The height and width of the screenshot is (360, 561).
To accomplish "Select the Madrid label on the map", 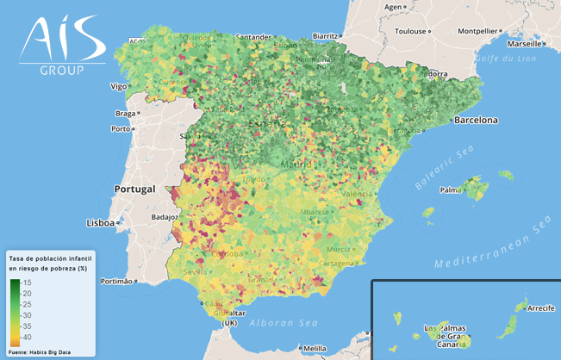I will coord(295,164).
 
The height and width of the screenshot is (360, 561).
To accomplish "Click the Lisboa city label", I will coord(101,223).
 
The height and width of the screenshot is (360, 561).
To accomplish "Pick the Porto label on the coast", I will coord(120,130).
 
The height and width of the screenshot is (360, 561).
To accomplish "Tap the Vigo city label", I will coord(119,86).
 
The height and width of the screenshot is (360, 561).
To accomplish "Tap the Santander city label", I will coord(253,37).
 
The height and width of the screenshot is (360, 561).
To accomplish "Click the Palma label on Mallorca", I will coord(448,190).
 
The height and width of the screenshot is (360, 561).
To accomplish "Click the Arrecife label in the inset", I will coord(540,307).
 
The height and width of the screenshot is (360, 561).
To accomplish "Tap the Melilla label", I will coord(315,348).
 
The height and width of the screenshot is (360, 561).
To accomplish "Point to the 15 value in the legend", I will coord(27,282).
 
